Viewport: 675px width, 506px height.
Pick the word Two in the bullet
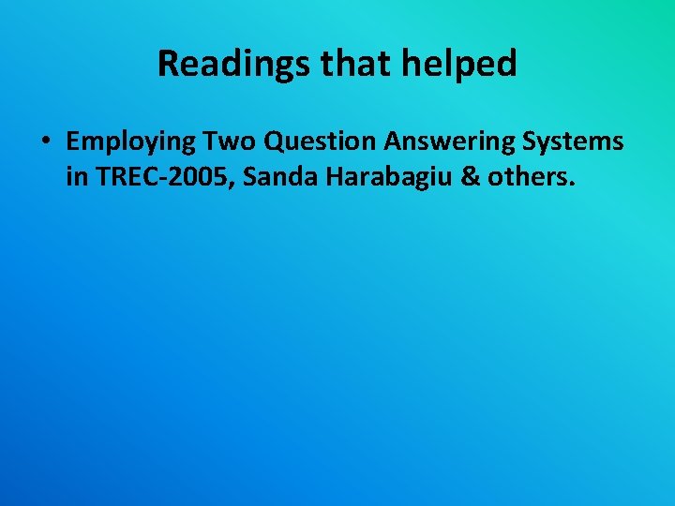[x=228, y=142]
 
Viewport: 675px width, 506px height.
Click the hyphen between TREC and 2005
[x=156, y=178]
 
